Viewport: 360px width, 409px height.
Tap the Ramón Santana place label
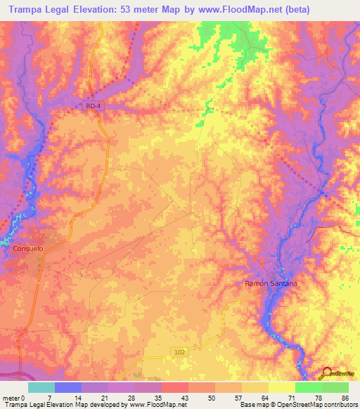click(271, 283)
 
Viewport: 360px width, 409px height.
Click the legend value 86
click(345, 398)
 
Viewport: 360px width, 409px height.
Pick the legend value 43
click(165, 398)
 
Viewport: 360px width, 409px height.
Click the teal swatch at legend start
click(41, 387)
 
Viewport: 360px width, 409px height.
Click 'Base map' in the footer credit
click(250, 405)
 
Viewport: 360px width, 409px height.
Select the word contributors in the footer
click(337, 405)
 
